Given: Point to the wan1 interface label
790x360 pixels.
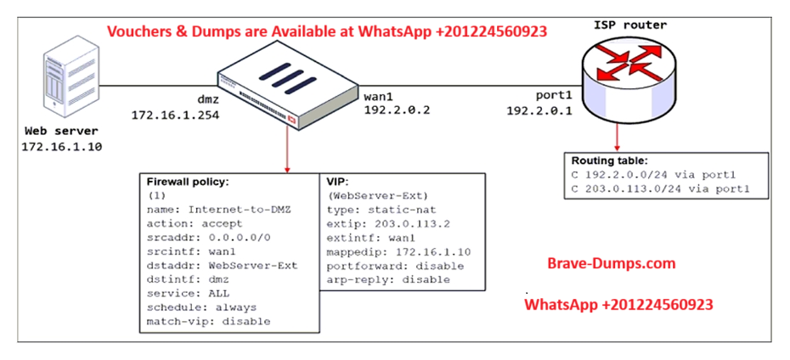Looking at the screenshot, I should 382,95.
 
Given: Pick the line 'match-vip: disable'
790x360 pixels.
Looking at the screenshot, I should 208,322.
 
